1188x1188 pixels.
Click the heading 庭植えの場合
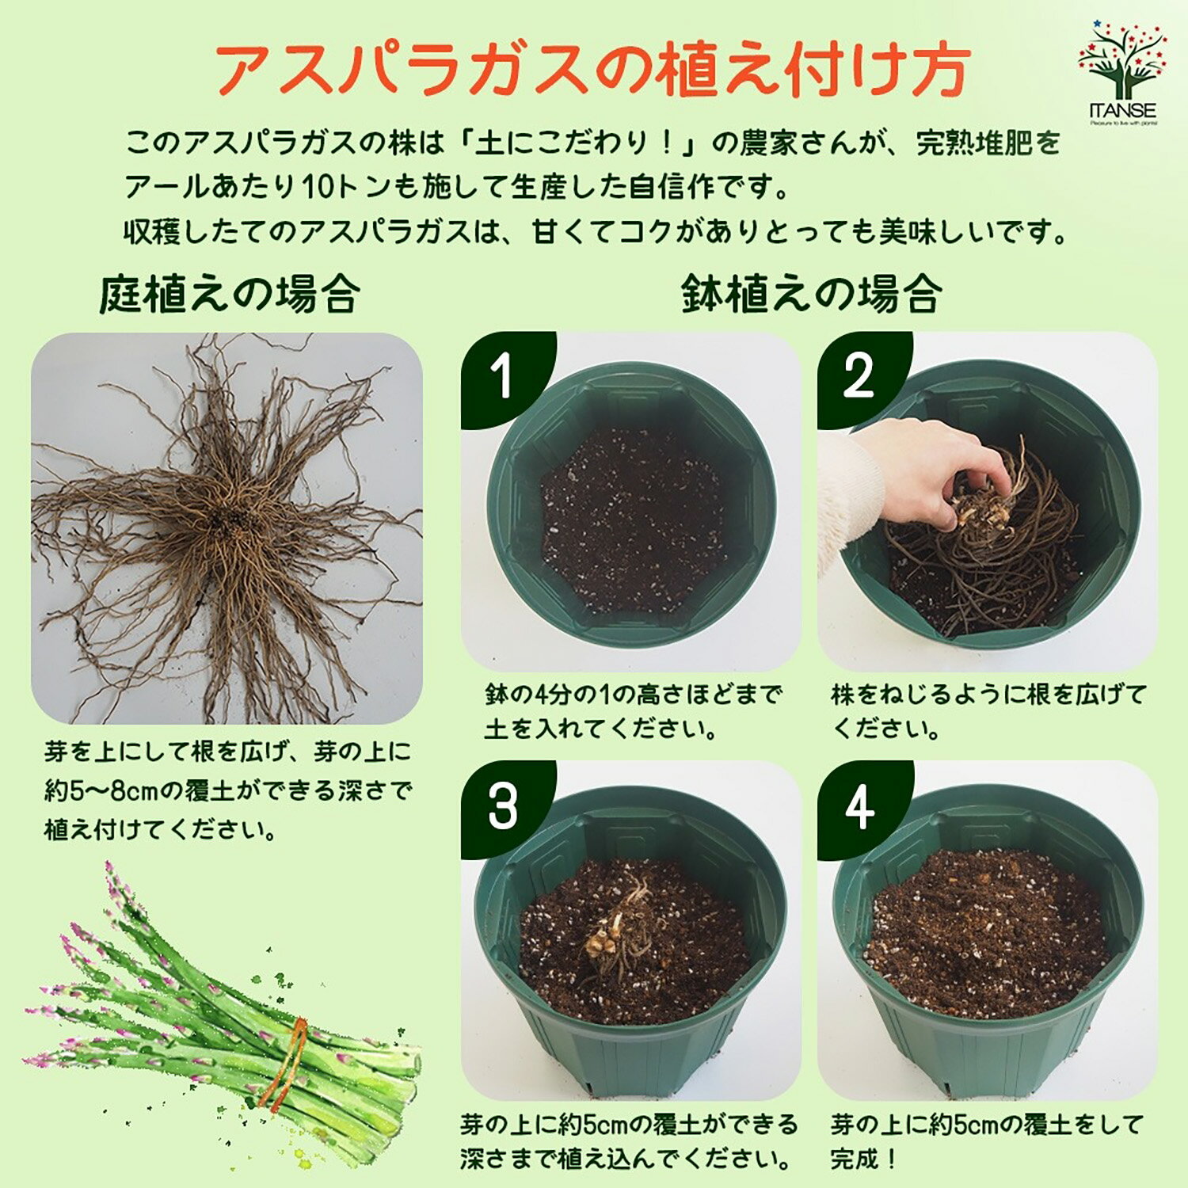[x=230, y=295]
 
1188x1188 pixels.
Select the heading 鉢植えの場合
[x=811, y=295]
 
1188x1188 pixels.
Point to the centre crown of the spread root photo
[x=230, y=519]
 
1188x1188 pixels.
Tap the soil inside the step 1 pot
[x=634, y=523]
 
